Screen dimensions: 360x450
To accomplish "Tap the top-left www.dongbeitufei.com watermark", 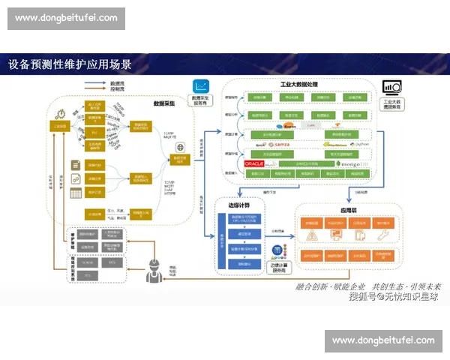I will (66, 18).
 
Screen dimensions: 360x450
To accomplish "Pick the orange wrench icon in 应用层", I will (382, 237).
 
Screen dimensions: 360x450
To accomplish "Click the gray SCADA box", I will (88, 262).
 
